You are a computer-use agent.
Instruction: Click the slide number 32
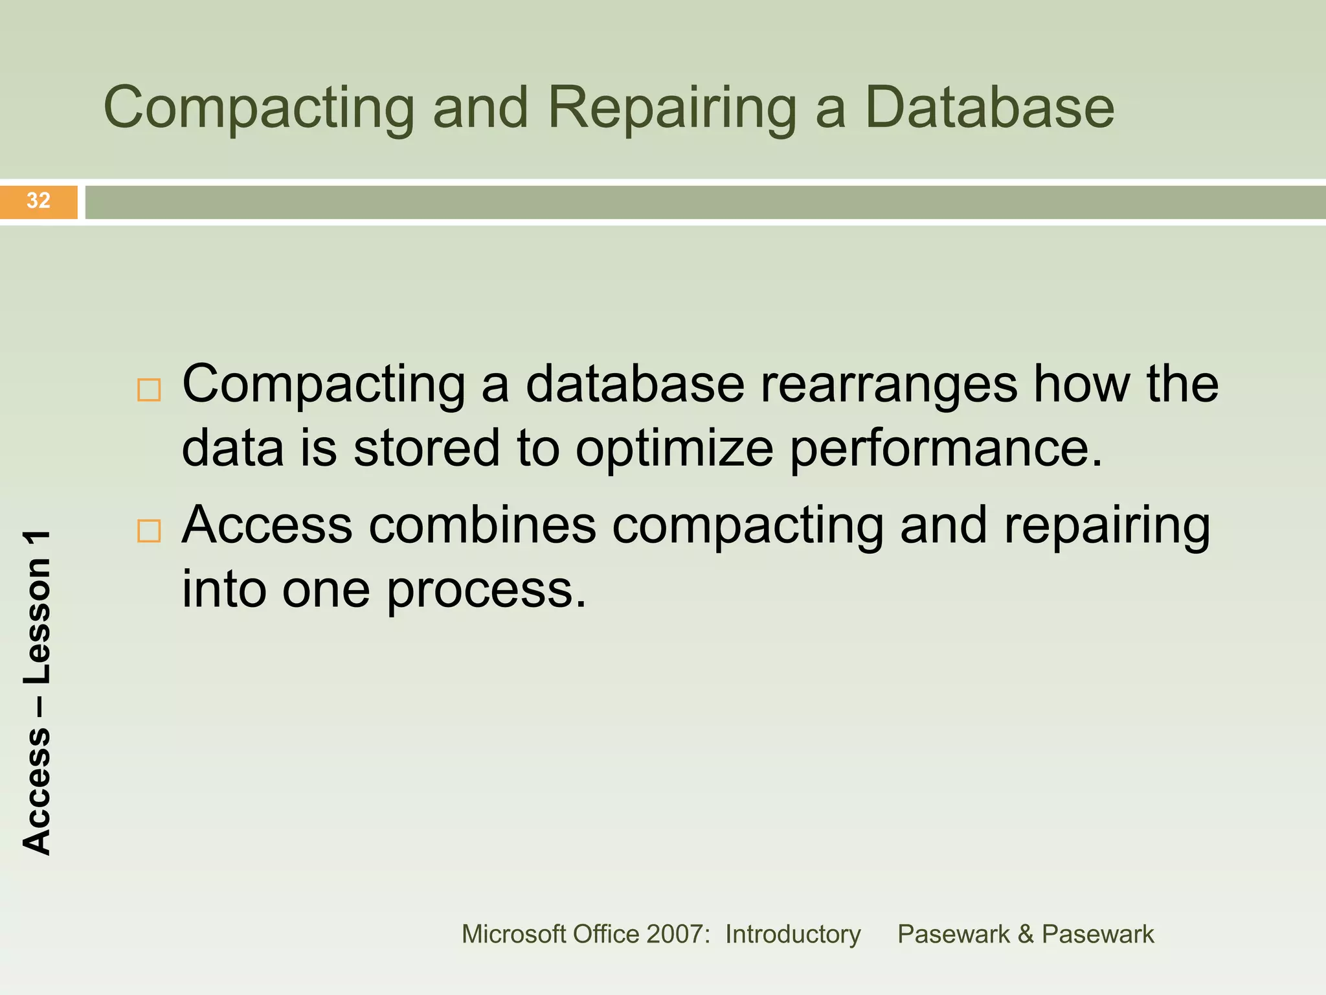tap(38, 200)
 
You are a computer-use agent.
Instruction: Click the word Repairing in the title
tap(672, 108)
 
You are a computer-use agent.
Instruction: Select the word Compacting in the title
tap(258, 108)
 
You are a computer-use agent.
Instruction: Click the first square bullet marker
tap(149, 390)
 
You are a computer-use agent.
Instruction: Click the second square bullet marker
tap(149, 531)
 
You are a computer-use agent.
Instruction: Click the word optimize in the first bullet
tap(674, 449)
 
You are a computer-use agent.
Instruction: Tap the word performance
tap(945, 449)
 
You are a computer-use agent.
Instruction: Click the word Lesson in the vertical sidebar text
tap(37, 622)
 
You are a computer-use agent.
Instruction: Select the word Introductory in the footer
tap(792, 934)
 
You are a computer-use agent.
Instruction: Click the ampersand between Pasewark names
tap(1025, 934)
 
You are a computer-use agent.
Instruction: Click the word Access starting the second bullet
tap(267, 525)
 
